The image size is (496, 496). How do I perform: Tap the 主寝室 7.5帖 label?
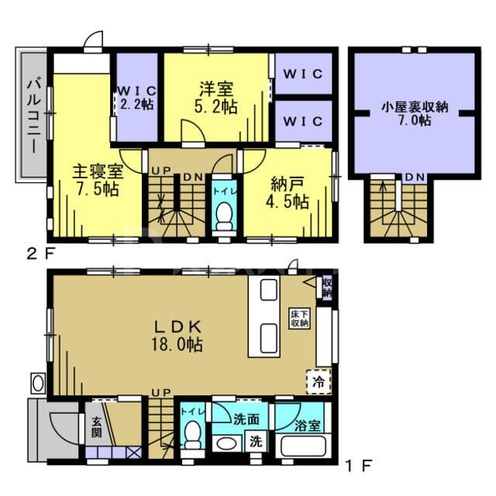[95, 180]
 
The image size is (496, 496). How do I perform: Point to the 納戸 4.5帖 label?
[289, 194]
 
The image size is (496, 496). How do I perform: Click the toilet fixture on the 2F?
[224, 215]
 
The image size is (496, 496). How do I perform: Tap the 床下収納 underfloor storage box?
[301, 319]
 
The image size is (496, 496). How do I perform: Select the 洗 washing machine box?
[254, 443]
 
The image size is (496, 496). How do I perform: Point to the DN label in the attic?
[415, 177]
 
